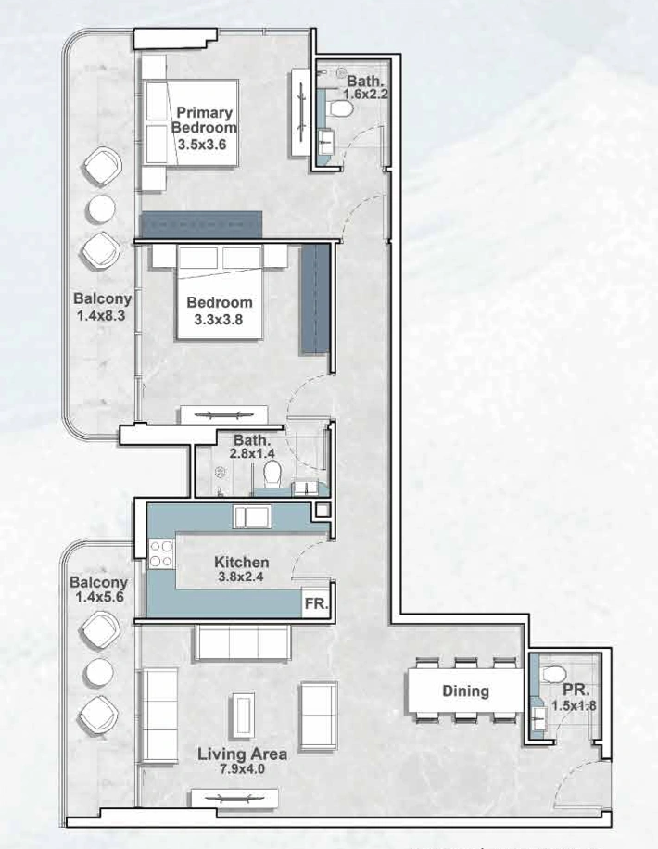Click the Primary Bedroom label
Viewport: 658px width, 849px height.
pos(204,120)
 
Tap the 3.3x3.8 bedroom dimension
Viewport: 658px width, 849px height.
pos(218,320)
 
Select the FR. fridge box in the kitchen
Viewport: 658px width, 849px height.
pos(316,603)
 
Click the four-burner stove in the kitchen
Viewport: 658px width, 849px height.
pos(161,553)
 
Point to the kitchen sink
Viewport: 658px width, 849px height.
pos(251,517)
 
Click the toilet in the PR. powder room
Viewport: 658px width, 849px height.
pos(554,675)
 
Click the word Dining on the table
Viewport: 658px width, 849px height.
pos(466,691)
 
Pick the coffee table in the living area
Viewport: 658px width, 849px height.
pos(243,716)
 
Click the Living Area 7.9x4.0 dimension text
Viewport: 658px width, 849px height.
pos(242,768)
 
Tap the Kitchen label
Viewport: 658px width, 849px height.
pos(242,562)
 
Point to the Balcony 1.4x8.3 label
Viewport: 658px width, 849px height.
pos(102,307)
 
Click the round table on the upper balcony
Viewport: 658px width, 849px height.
pos(101,209)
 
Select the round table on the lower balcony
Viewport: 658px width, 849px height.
pos(99,671)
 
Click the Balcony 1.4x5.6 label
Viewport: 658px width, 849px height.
pos(99,589)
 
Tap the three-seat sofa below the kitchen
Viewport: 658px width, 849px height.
pos(243,642)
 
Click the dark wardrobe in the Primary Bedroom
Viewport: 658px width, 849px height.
pos(201,224)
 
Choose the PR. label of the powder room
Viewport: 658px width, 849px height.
pos(576,691)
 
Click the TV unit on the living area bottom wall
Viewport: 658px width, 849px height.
pos(234,798)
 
